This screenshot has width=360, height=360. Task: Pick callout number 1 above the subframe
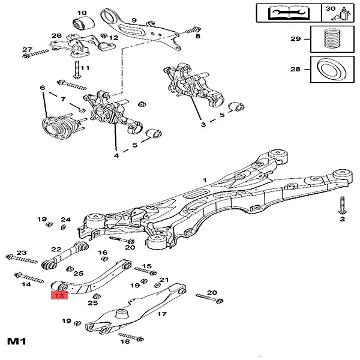[204, 180]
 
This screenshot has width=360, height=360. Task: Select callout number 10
[82, 13]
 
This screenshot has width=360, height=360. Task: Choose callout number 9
[134, 20]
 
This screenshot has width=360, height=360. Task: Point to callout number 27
[27, 49]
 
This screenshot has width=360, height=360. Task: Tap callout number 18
[125, 341]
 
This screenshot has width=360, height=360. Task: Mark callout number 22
[56, 249]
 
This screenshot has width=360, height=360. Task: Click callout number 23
[22, 253]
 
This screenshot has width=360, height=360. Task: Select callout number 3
[203, 125]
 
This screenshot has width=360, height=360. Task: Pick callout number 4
[116, 155]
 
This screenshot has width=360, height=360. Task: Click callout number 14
[26, 284]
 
